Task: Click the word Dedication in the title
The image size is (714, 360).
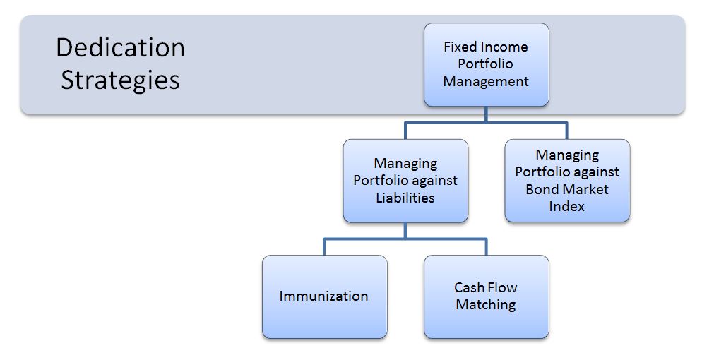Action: [120, 48]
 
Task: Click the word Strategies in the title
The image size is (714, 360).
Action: [120, 80]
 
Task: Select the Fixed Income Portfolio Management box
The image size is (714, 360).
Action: [486, 64]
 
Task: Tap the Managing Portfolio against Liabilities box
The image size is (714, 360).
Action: [405, 181]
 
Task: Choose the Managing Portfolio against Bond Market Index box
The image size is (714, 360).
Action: [567, 181]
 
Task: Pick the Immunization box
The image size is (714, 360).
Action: [324, 296]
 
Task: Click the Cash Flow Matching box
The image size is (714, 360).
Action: [486, 296]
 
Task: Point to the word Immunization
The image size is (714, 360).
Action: [324, 296]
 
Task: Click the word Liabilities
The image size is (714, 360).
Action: [405, 198]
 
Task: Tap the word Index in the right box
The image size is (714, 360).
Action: [566, 206]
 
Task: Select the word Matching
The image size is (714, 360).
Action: [486, 305]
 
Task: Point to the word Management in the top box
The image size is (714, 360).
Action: [486, 81]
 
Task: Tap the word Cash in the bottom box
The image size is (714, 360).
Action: [468, 287]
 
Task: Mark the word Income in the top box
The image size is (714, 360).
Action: [504, 47]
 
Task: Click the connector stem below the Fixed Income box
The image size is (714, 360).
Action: [486, 114]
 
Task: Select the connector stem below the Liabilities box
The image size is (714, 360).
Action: [405, 231]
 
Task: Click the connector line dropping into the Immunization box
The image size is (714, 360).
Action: [324, 247]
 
